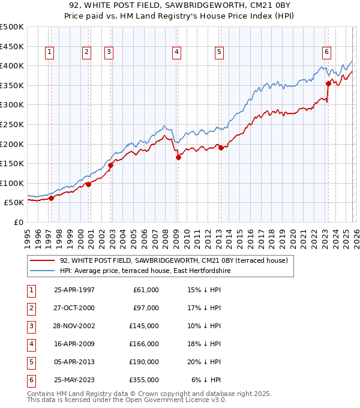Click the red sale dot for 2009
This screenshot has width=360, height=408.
click(x=178, y=158)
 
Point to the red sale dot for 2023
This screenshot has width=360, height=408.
click(x=328, y=83)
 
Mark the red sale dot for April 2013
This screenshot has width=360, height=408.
click(x=220, y=148)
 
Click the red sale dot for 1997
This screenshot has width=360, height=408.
click(x=51, y=198)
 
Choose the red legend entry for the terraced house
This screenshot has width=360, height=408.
click(x=174, y=261)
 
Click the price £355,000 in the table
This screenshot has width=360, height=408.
click(x=146, y=380)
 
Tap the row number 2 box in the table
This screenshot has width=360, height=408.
click(x=31, y=308)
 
